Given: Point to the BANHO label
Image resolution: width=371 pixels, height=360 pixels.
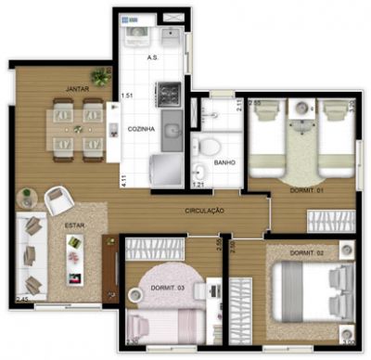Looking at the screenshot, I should point(224,162).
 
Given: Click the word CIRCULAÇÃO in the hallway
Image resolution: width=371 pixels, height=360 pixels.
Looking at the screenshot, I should point(205,212).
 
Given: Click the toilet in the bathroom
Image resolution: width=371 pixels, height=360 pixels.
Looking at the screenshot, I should point(211,146).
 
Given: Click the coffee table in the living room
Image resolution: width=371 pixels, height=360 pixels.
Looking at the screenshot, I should point(73,253).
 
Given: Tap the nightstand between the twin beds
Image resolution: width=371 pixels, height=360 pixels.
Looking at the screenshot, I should point(301,111).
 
